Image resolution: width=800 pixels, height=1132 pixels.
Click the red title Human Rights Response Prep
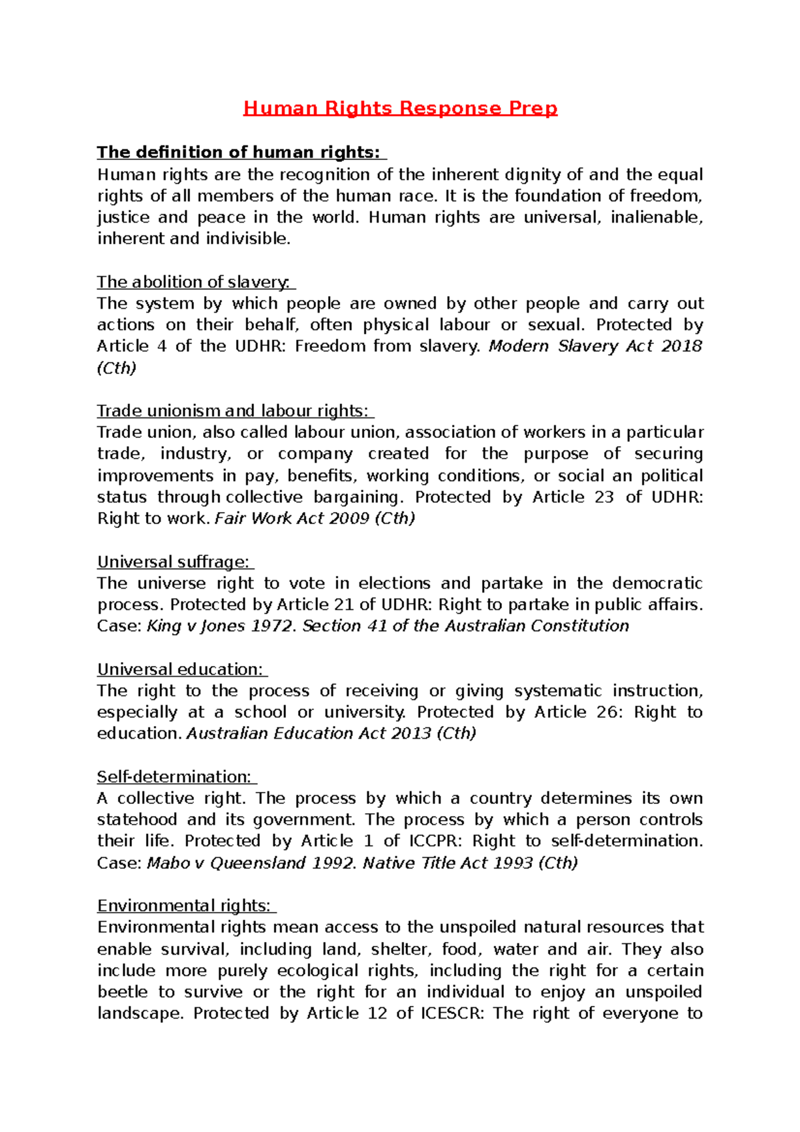tap(400, 108)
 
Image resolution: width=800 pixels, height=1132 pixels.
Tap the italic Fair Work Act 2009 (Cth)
tap(315, 519)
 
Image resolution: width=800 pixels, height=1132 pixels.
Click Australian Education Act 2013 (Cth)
tap(331, 733)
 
